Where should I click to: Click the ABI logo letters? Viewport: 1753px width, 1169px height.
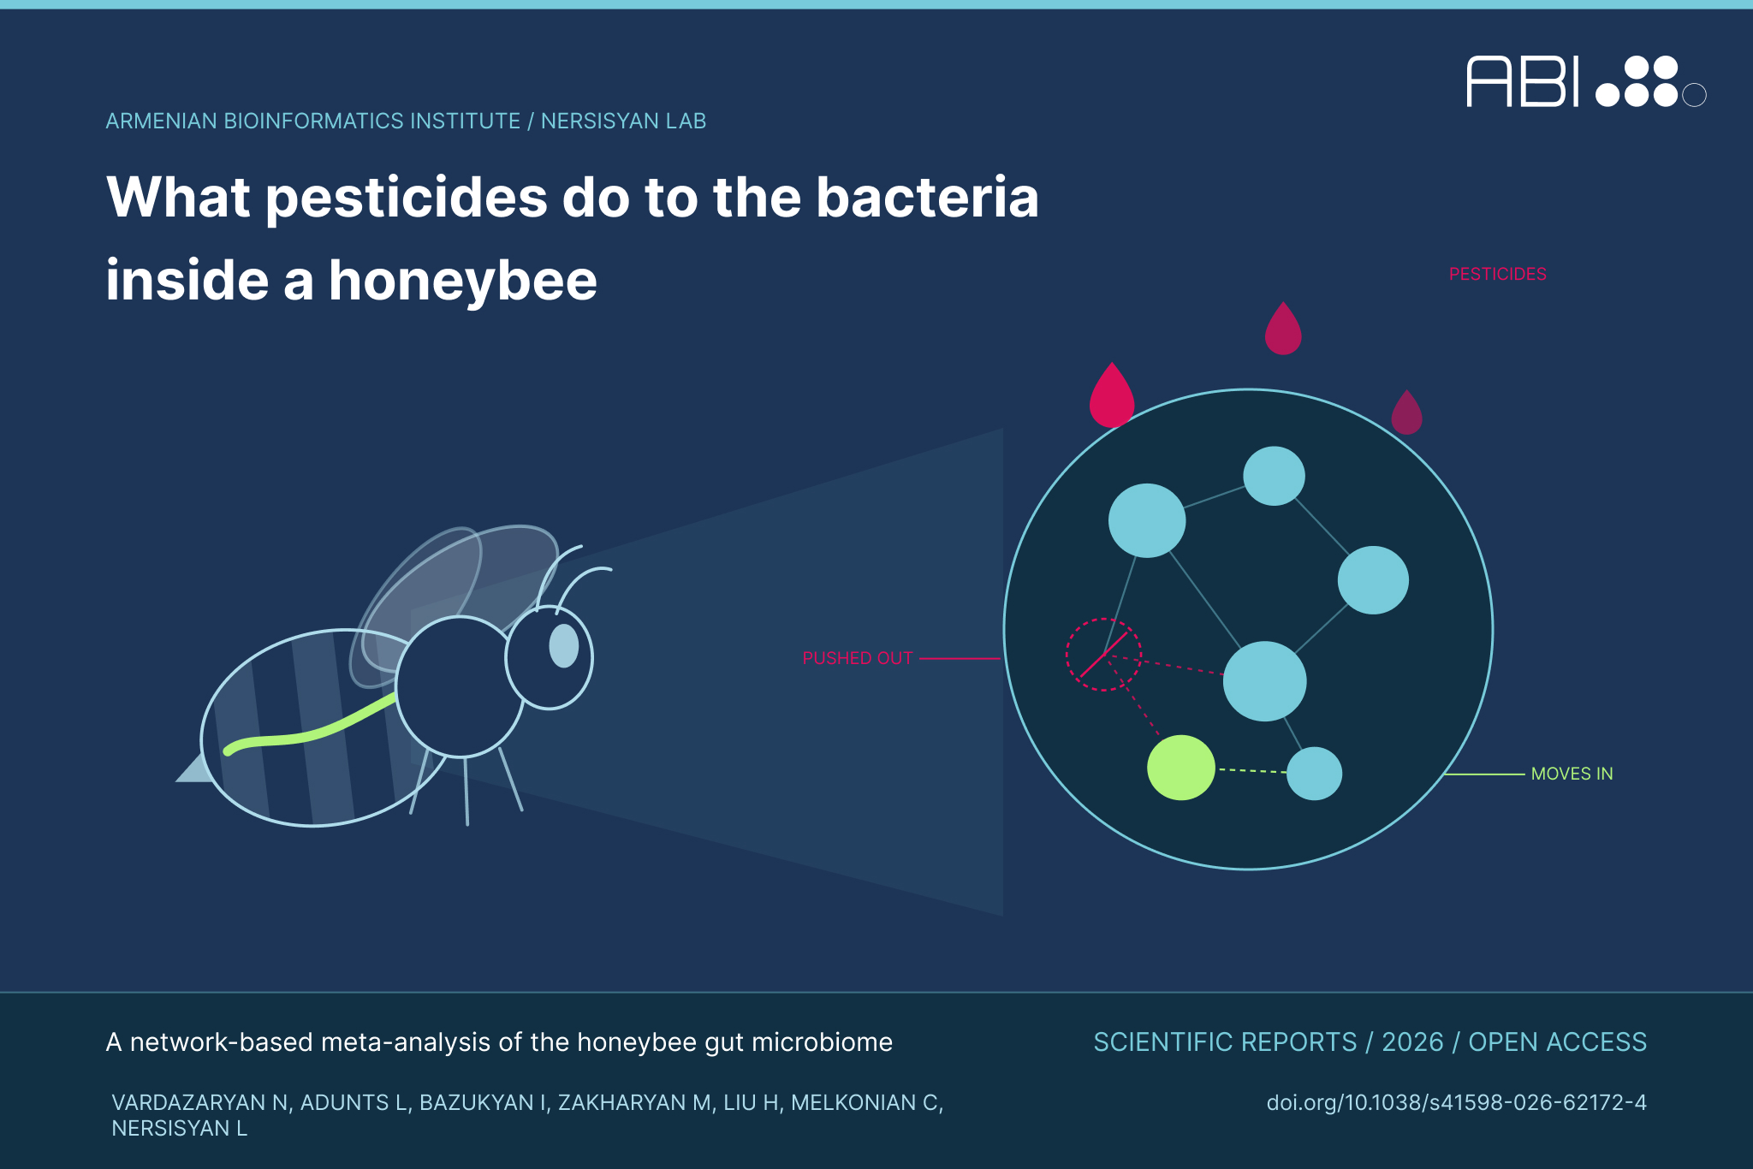1523,82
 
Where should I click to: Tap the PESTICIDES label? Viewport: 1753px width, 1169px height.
1497,274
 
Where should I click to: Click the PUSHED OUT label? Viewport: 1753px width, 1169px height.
858,658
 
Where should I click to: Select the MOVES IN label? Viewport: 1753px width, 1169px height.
1572,774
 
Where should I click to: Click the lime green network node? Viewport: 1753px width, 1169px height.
1180,768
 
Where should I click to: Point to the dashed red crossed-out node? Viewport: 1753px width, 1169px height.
1103,655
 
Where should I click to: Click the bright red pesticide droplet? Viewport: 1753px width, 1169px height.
1111,395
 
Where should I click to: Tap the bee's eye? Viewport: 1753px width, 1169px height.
563,646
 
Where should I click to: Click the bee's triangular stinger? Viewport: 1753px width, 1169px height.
193,768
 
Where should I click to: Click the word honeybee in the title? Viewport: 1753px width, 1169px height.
462,281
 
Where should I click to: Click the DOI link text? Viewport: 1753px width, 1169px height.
1456,1102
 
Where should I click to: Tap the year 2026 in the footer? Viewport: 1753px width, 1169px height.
1412,1041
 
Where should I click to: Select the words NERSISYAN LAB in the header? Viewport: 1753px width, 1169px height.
623,121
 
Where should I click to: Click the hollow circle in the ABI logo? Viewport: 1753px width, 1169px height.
1694,95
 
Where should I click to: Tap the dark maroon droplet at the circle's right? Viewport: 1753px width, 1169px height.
1406,412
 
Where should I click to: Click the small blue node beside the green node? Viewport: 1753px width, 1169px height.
1314,774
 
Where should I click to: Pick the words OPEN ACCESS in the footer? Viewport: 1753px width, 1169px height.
1558,1041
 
